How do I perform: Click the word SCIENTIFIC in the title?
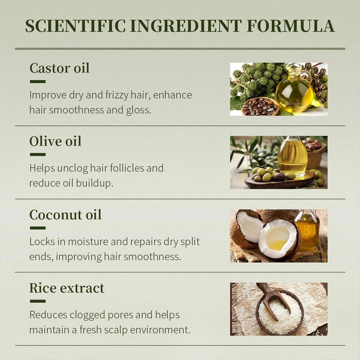tap(75, 26)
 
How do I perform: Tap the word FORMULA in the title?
tap(291, 26)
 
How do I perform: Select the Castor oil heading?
tap(59, 68)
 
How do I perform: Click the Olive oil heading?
tap(55, 141)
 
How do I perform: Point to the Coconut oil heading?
tap(65, 215)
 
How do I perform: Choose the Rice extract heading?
tap(67, 288)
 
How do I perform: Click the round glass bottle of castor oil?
tap(295, 90)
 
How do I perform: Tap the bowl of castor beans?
tap(260, 107)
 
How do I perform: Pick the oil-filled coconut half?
tap(279, 239)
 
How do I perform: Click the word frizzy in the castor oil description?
tap(117, 95)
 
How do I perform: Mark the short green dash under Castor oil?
tap(38, 81)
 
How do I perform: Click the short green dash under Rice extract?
tap(38, 301)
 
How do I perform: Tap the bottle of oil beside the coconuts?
tap(307, 231)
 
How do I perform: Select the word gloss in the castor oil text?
tap(139, 110)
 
